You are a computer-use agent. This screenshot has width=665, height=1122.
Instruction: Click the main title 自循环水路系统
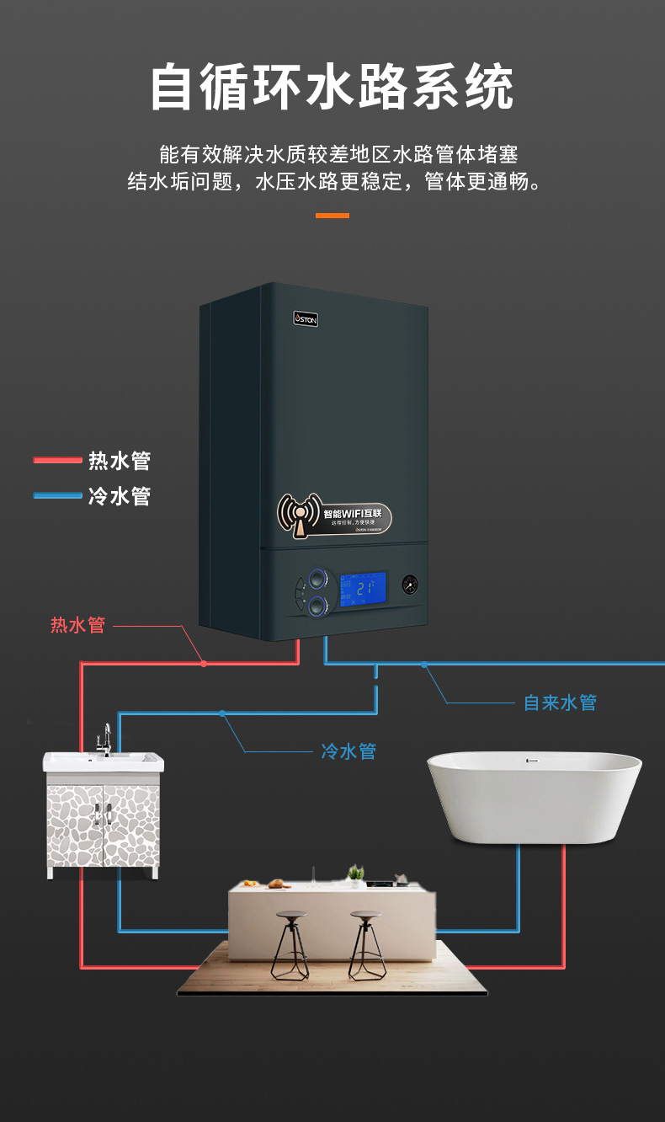332,88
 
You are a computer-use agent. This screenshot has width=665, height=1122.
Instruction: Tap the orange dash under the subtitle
332,216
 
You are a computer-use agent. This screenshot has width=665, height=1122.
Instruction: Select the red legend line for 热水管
57,460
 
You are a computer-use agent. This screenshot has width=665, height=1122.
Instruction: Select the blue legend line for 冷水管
57,495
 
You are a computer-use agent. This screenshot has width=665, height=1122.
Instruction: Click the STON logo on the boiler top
306,318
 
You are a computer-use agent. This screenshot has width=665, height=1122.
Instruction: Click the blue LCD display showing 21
363,587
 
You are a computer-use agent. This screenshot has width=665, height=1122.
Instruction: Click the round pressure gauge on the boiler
410,584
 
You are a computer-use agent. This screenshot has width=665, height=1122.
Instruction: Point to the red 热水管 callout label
77,625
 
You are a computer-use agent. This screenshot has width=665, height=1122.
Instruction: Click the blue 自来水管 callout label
560,703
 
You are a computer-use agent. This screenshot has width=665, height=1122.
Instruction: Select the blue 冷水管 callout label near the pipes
348,751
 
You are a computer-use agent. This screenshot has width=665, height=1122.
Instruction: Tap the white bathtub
535,795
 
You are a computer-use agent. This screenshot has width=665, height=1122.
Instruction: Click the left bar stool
290,943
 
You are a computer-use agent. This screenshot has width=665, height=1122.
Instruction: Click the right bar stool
367,943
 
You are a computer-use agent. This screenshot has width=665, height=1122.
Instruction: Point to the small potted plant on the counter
356,874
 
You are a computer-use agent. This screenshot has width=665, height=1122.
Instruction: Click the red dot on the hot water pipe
204,664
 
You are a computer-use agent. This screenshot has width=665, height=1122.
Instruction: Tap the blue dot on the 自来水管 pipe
424,665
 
